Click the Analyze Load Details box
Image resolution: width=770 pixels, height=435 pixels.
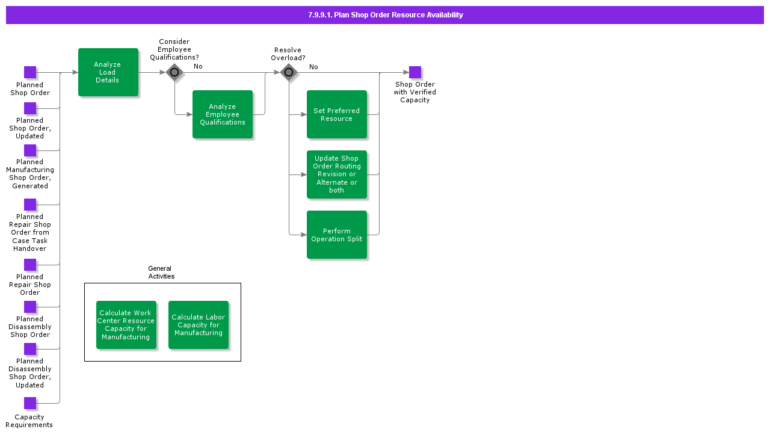[x=108, y=72]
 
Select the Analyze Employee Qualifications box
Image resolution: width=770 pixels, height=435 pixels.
[x=223, y=114]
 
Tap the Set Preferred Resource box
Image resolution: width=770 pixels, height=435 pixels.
[x=337, y=114]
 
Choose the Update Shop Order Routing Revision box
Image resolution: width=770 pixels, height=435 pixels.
[x=337, y=174]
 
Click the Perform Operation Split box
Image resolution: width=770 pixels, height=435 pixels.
[x=337, y=235]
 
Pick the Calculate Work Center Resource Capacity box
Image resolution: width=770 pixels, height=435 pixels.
[x=126, y=325]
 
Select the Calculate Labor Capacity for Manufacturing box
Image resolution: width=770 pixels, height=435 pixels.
[x=199, y=325]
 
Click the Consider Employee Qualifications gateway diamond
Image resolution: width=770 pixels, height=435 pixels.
[x=174, y=72]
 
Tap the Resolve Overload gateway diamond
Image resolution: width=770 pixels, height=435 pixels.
[x=289, y=72]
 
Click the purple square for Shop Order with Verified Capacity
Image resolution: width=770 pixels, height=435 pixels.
[x=415, y=72]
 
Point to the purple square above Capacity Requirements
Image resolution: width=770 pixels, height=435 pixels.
[x=30, y=403]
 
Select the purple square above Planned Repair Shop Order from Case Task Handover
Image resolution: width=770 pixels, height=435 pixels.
[x=30, y=205]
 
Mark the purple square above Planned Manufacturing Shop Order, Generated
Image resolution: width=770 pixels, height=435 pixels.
[x=30, y=150]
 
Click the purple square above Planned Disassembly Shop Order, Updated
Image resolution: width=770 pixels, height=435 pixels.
[x=30, y=349]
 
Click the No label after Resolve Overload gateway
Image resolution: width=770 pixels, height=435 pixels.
[x=313, y=67]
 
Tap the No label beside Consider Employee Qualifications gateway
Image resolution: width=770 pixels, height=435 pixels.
[x=198, y=66]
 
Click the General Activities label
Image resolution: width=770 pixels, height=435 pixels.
[x=161, y=273]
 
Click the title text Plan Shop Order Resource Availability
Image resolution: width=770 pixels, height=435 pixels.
[x=385, y=15]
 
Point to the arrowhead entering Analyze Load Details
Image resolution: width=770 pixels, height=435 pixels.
[x=75, y=72]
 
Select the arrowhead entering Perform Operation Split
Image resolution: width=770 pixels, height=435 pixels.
[x=304, y=235]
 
